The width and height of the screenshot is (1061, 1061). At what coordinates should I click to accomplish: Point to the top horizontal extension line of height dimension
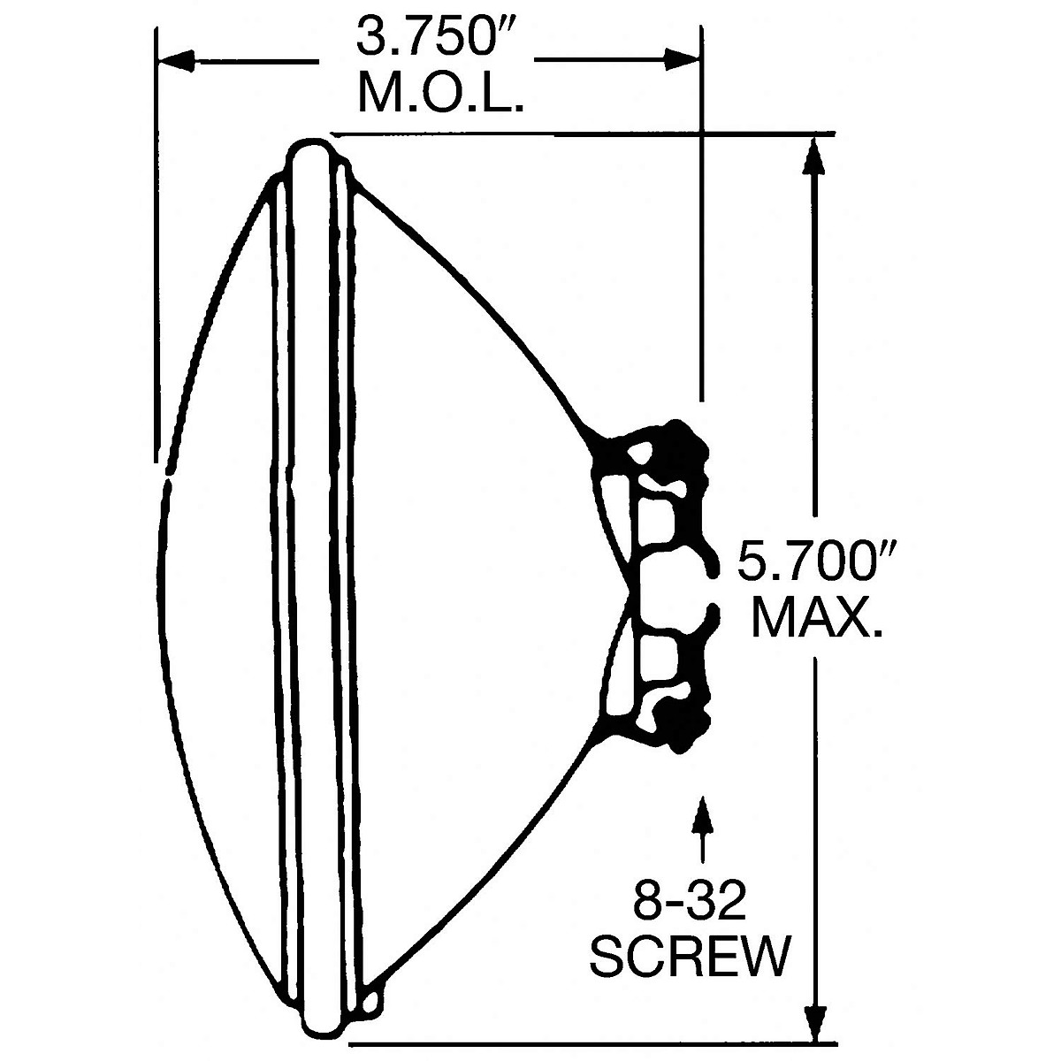[x=575, y=134]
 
